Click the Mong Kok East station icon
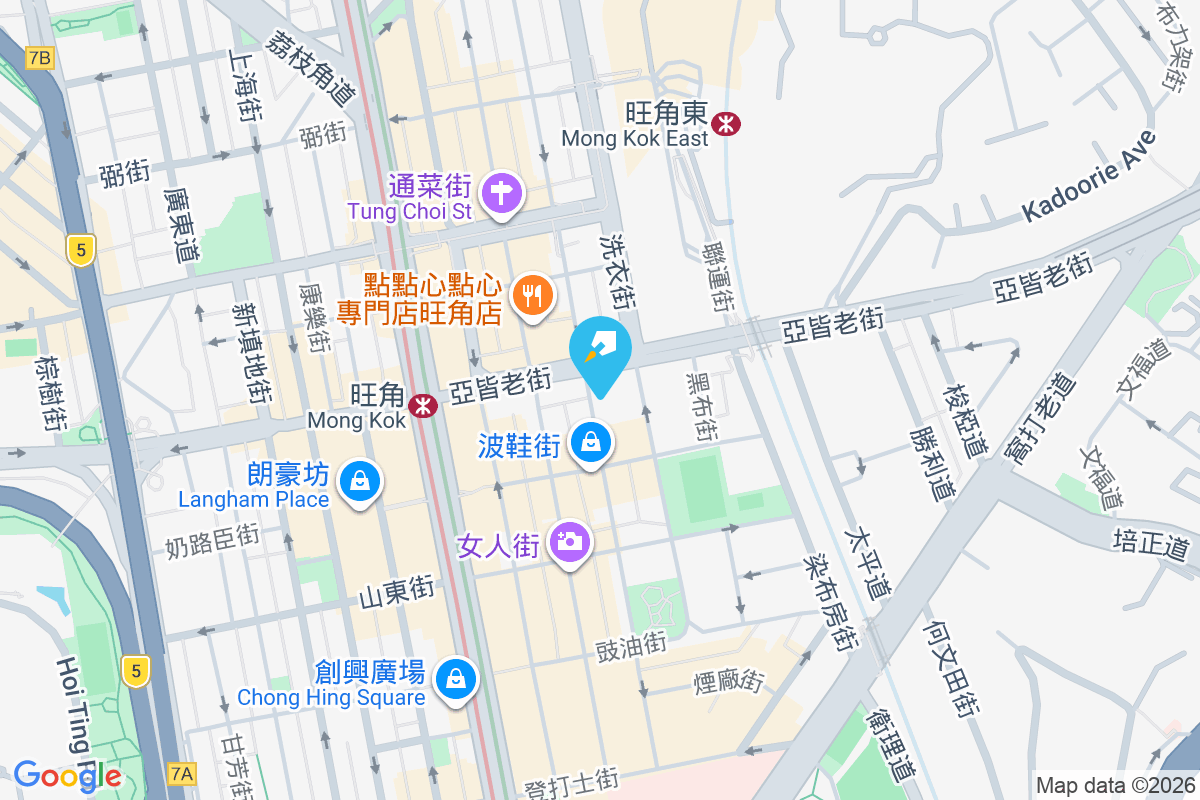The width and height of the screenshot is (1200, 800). click(726, 122)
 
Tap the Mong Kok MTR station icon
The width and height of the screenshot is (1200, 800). click(425, 406)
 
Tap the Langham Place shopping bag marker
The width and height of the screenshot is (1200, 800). click(358, 482)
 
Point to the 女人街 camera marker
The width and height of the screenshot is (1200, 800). click(571, 542)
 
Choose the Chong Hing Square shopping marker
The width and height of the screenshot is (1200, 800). click(457, 678)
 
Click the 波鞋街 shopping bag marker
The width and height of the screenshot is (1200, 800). click(591, 440)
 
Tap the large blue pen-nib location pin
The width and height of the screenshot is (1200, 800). click(600, 351)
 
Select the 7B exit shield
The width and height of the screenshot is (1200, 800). click(39, 58)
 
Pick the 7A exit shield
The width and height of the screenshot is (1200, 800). click(182, 773)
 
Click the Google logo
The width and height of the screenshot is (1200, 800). click(67, 775)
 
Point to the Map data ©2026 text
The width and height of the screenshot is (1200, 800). click(1114, 786)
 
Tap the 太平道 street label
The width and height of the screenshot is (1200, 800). click(867, 564)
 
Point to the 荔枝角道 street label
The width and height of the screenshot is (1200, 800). click(311, 66)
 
